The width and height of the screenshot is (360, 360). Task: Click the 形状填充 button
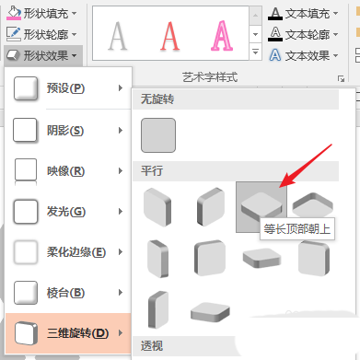[x=42, y=14]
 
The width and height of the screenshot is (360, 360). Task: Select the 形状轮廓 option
[x=42, y=34]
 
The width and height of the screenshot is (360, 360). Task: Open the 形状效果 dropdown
[x=42, y=55]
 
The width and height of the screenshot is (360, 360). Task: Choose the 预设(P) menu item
[x=68, y=88]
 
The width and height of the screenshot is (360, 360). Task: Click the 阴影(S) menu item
[x=68, y=131]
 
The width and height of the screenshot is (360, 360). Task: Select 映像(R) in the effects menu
[x=68, y=171]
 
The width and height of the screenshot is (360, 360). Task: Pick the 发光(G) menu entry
[x=68, y=212]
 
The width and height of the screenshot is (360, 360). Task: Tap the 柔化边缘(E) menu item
[x=68, y=252]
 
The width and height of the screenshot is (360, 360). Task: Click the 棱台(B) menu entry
[x=68, y=293]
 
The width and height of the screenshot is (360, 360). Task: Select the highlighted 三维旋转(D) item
[x=68, y=333]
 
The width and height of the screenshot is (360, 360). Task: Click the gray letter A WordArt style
[x=118, y=36]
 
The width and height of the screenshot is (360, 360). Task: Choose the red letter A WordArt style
[x=169, y=36]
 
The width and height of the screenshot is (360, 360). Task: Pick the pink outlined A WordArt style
[x=222, y=36]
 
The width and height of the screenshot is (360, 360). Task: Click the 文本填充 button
[x=303, y=14]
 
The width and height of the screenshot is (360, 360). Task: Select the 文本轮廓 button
[x=303, y=34]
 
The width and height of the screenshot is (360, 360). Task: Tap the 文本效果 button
[x=303, y=55]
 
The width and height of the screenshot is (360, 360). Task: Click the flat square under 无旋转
[x=158, y=135]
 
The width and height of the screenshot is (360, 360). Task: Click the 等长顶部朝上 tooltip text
[x=297, y=229]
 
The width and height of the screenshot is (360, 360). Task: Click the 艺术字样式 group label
[x=210, y=77]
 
